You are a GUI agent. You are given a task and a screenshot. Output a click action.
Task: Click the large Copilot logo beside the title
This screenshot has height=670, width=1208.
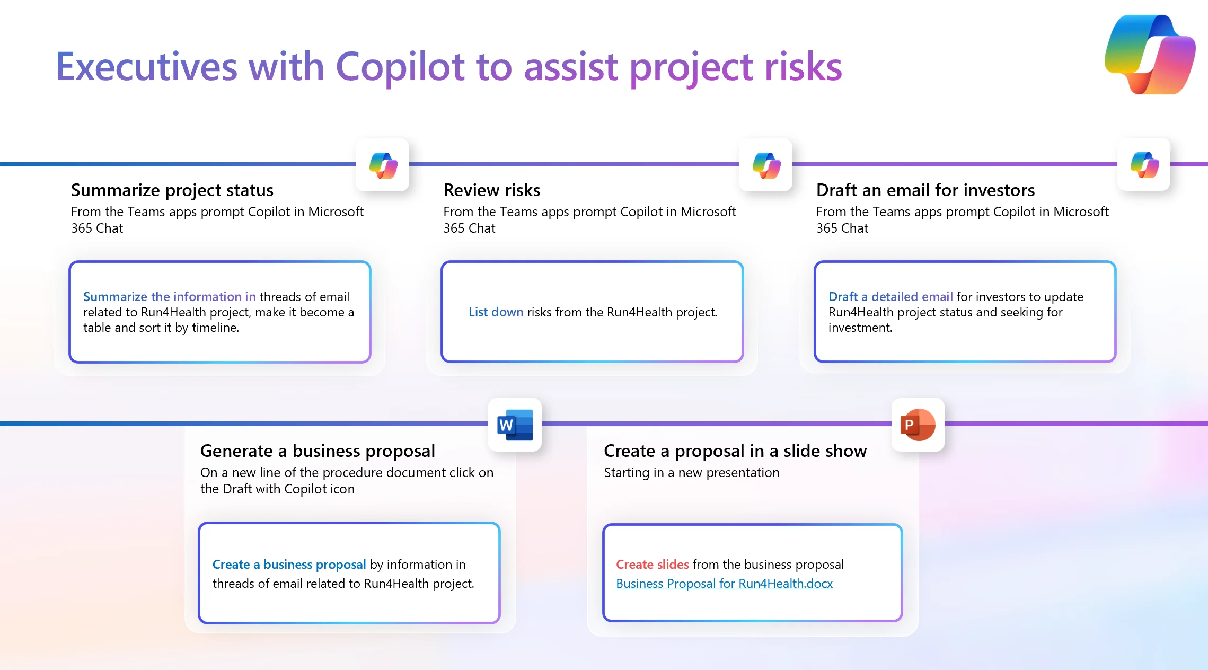tap(1150, 55)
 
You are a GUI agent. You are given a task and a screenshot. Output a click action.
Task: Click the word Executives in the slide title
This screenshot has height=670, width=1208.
tap(147, 67)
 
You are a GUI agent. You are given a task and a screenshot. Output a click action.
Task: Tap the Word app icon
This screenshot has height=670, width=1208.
tap(515, 425)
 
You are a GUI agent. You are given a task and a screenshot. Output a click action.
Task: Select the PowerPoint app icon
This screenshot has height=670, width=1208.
tap(918, 425)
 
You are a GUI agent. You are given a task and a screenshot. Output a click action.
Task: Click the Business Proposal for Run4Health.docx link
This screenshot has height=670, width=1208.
tap(724, 584)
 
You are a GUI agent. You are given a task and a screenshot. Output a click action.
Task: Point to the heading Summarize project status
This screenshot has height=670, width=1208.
tap(172, 190)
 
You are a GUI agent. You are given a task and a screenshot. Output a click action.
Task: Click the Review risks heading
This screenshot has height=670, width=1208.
tap(492, 190)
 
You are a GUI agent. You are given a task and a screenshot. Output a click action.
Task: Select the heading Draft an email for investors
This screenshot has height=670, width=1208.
tap(925, 190)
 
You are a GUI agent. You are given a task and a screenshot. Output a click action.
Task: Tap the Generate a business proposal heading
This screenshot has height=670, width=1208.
tap(318, 451)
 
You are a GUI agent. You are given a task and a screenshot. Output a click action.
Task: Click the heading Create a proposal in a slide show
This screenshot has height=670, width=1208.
tap(735, 451)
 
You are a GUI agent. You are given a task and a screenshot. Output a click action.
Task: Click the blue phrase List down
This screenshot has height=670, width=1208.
tap(496, 312)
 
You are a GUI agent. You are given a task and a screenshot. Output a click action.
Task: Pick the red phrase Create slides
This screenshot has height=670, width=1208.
tap(653, 565)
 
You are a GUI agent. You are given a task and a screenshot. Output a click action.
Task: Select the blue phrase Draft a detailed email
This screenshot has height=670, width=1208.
tap(890, 297)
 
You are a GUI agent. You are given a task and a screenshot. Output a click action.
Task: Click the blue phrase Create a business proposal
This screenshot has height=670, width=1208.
tap(289, 565)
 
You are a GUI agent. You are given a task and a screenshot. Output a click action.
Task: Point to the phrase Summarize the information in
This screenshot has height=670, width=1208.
tap(170, 297)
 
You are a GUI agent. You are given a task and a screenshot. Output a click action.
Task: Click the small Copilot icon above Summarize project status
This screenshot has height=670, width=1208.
tap(383, 165)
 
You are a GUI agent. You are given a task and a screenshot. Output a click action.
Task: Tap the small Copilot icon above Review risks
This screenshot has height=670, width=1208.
tap(766, 165)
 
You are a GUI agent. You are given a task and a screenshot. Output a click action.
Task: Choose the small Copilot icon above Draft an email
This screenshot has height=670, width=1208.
tap(1144, 165)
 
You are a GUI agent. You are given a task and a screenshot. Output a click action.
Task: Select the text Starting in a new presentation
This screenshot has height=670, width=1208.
tap(692, 473)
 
